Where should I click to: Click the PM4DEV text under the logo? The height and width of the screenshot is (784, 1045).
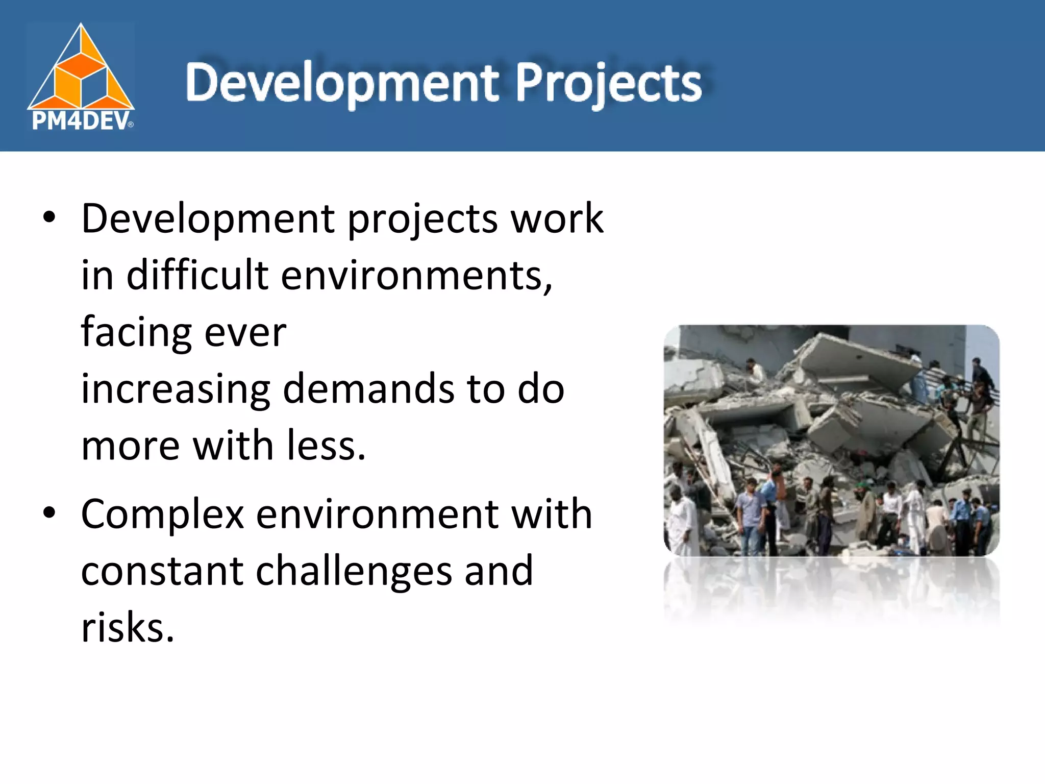[x=81, y=121]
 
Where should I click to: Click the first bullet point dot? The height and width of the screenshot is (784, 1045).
[x=49, y=218]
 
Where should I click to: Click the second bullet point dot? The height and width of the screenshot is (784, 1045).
[x=49, y=513]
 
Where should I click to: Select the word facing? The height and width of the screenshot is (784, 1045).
[x=136, y=333]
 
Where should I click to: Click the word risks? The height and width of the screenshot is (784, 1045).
[x=128, y=627]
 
